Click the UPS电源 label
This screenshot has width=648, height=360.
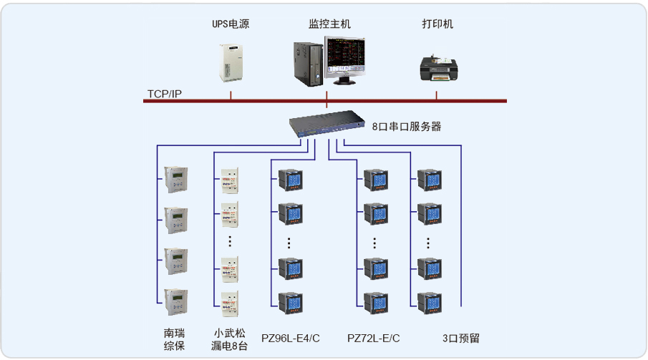(231, 24)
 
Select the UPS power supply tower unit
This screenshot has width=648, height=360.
(231, 64)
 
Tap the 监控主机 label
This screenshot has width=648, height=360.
(329, 24)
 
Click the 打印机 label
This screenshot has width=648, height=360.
(437, 24)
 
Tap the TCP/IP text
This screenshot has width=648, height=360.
(165, 94)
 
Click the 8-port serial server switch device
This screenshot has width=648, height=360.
(327, 125)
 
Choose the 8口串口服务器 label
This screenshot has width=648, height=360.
(406, 127)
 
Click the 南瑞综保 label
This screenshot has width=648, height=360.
(174, 339)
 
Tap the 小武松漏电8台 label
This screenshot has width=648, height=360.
(229, 339)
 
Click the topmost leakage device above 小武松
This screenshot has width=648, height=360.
(230, 181)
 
